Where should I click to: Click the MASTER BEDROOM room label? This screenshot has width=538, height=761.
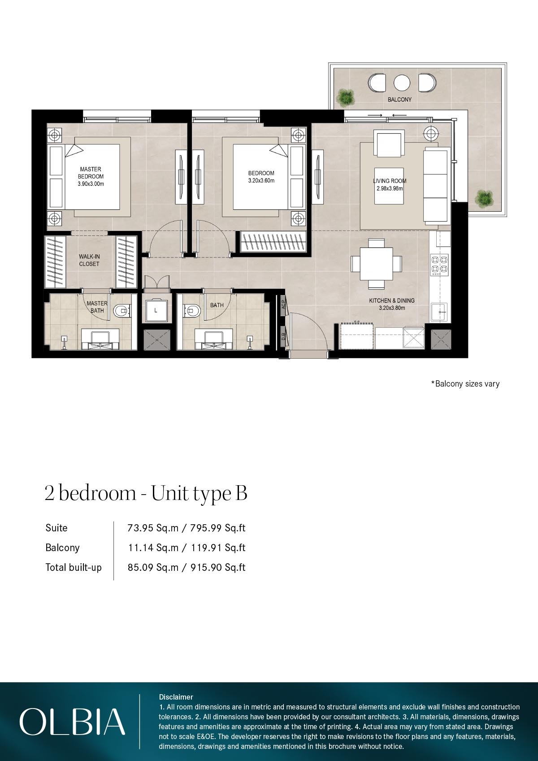pyautogui.click(x=90, y=173)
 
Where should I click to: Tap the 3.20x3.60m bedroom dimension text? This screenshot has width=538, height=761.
pyautogui.click(x=261, y=181)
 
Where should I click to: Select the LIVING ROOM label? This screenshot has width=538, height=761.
pyautogui.click(x=390, y=181)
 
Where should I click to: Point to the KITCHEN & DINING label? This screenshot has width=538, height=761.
pyautogui.click(x=392, y=300)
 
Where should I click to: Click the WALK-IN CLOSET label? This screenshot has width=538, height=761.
pyautogui.click(x=89, y=260)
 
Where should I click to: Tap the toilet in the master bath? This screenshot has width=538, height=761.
pyautogui.click(x=121, y=310)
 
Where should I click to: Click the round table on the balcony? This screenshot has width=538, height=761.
pyautogui.click(x=402, y=83)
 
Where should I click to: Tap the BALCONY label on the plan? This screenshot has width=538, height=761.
pyautogui.click(x=399, y=100)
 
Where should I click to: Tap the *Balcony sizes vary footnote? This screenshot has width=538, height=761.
pyautogui.click(x=465, y=384)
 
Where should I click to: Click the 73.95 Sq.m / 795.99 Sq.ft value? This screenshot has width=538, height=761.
pyautogui.click(x=187, y=528)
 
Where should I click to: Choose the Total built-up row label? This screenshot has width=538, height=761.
pyautogui.click(x=74, y=567)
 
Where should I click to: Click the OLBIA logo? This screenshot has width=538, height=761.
pyautogui.click(x=72, y=722)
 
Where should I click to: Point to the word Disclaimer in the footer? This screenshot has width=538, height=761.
pyautogui.click(x=176, y=697)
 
